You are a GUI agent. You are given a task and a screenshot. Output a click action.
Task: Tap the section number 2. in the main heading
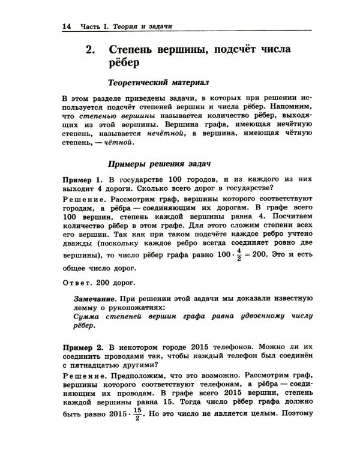(x=91, y=50)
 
